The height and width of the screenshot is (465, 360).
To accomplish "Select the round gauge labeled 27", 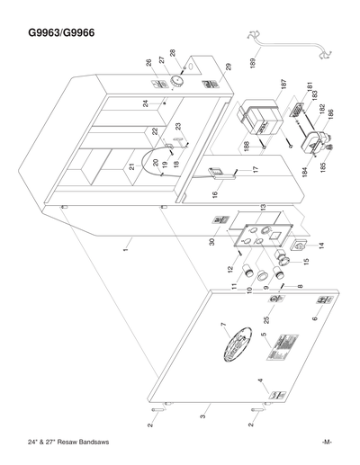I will point(175,80).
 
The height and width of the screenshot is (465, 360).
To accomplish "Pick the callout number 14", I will point(319,245).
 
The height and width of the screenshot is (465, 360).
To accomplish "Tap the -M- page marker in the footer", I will point(327,442).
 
